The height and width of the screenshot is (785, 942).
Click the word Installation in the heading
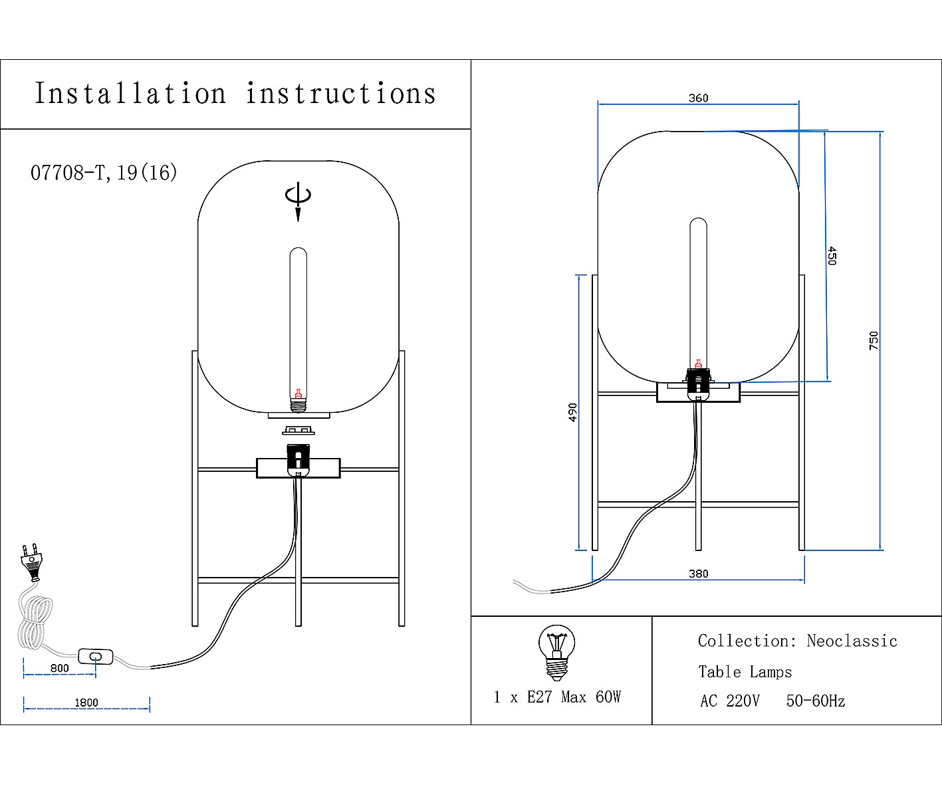point(130,94)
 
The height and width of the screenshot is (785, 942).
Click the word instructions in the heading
point(341,94)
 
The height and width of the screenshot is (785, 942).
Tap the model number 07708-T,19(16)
point(104,173)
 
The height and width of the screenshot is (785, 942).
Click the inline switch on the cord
point(96,657)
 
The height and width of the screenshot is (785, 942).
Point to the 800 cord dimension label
point(59,668)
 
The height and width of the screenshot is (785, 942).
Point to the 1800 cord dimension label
point(86,703)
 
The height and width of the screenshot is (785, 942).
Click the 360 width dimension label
point(698,98)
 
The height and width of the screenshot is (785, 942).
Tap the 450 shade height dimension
point(832,256)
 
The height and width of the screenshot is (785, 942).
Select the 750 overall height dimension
point(874,340)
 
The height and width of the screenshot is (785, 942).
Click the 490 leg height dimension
point(572,412)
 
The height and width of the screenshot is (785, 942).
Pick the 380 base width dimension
point(698,574)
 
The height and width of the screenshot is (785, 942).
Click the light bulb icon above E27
point(556,652)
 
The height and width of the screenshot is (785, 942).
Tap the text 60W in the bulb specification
point(608,697)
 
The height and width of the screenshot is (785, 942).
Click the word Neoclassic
point(852,641)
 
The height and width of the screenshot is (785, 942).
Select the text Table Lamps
point(745,672)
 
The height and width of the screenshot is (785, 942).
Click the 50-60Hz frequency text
point(815,701)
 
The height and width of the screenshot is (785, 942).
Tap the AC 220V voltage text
point(729,701)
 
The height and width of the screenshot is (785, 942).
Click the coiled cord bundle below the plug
point(35,621)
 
